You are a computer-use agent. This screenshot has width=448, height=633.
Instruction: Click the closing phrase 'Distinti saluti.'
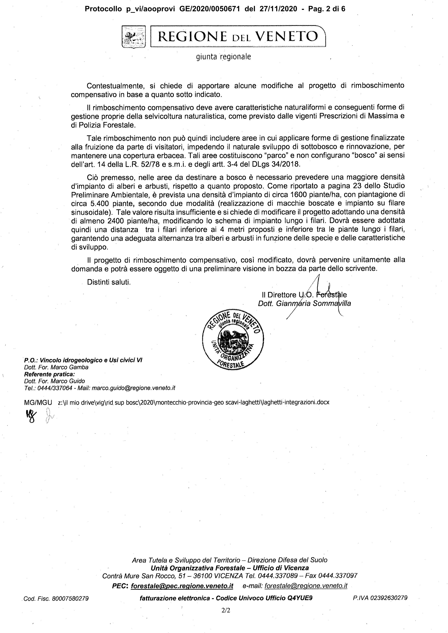(x=109, y=282)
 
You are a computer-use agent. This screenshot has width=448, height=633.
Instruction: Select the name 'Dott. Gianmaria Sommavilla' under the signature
(x=304, y=304)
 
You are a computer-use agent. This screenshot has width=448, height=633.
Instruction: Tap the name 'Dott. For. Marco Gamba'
(x=56, y=367)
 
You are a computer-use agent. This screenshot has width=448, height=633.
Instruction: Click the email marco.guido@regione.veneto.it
(x=133, y=388)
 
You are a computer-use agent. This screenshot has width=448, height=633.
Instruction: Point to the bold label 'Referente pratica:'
(x=50, y=374)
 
